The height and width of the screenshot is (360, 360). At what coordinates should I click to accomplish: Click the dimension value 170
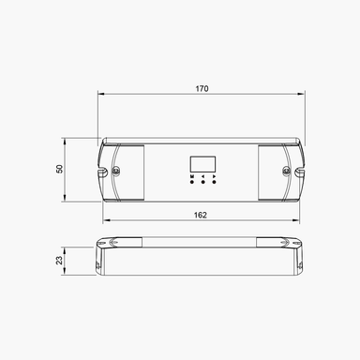tap(202, 89)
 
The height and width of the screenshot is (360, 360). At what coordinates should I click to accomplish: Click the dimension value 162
tap(202, 215)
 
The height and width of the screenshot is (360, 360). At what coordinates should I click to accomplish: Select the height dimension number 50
tap(59, 170)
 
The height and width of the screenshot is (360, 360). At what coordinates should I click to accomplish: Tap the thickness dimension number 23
tap(59, 260)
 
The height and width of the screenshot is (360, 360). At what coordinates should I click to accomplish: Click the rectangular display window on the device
tap(202, 162)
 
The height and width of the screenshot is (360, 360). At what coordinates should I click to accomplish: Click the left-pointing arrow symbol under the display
tap(202, 175)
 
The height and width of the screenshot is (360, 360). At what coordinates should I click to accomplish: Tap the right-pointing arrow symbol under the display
tap(214, 175)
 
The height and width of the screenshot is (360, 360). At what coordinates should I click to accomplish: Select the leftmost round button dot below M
tap(191, 182)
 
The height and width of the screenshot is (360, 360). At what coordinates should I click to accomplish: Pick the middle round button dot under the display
tap(202, 182)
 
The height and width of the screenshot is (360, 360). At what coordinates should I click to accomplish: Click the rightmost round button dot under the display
tap(214, 182)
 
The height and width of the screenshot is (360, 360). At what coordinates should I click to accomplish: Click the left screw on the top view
tap(116, 171)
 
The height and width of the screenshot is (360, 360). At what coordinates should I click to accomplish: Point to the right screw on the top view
tap(287, 171)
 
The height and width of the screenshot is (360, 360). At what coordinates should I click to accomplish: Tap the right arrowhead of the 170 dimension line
tap(304, 95)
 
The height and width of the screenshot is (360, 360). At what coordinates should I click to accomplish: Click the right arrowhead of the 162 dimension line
tap(298, 221)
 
